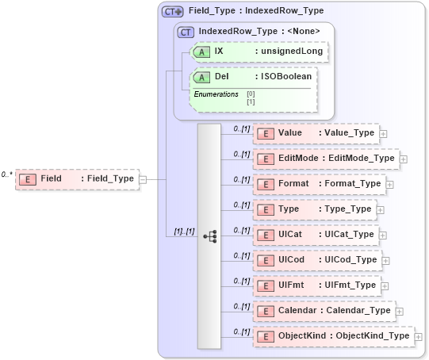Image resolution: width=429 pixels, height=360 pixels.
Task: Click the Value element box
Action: (x=316, y=133)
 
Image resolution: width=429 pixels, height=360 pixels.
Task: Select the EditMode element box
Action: (x=326, y=159)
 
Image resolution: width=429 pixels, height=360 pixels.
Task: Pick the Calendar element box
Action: (x=324, y=310)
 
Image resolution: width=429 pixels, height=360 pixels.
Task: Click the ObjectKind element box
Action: (x=334, y=336)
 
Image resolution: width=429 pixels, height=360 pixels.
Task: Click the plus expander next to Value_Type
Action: (x=384, y=133)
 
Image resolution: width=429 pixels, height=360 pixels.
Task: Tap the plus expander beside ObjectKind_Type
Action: (x=419, y=336)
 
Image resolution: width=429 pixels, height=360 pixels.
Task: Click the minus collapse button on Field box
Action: (x=143, y=179)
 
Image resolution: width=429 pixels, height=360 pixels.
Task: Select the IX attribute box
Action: (x=259, y=52)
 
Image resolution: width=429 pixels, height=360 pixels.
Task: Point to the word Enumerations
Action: (x=216, y=94)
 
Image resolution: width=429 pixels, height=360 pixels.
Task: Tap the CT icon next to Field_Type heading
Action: (x=172, y=11)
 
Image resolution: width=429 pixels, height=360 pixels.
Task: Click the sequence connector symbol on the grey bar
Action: (x=209, y=236)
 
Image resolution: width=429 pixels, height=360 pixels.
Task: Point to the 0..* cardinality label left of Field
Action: (x=7, y=174)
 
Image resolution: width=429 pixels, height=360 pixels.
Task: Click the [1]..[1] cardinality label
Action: (x=185, y=231)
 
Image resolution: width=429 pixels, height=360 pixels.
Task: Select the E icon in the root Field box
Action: (x=28, y=179)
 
